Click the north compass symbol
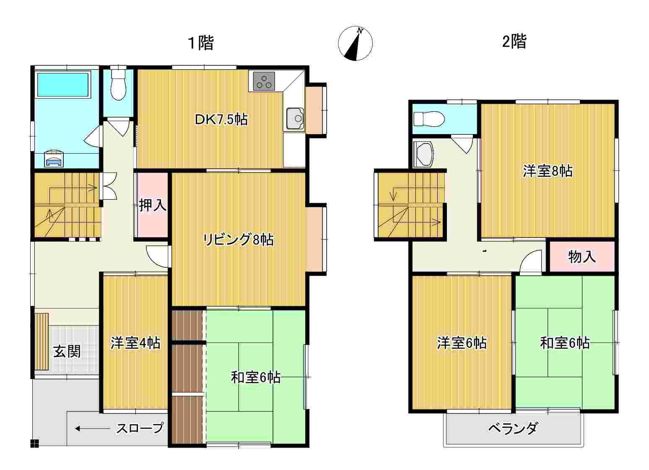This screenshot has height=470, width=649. [x=355, y=44]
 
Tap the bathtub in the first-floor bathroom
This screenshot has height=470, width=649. [x=62, y=84]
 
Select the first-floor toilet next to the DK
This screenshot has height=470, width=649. [x=118, y=83]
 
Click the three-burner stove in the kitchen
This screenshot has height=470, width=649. [x=264, y=81]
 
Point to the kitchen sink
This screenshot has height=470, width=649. [x=295, y=118]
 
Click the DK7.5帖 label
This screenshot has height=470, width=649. [x=221, y=119]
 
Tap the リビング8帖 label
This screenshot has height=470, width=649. [x=238, y=240]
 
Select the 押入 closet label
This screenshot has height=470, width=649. [x=153, y=205]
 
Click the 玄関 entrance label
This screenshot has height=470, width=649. [x=67, y=352]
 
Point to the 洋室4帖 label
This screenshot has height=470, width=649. [x=135, y=343]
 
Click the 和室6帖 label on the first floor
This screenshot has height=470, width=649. [x=256, y=378]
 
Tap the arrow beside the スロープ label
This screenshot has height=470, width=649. [x=92, y=428]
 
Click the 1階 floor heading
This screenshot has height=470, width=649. [x=201, y=43]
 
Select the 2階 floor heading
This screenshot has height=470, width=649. [x=514, y=42]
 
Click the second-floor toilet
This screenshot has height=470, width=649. [x=429, y=119]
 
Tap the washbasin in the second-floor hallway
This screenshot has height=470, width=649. [x=423, y=154]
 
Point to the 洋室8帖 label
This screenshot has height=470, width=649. [x=548, y=171]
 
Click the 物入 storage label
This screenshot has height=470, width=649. [x=582, y=256]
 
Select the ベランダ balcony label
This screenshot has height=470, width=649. [x=514, y=428]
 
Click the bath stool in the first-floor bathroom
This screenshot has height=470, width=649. [x=54, y=159]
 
